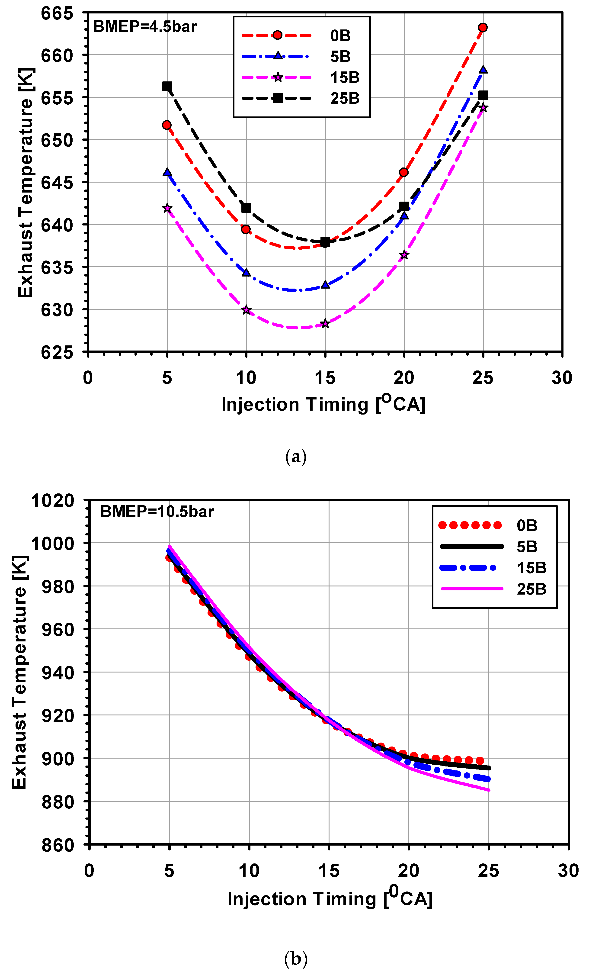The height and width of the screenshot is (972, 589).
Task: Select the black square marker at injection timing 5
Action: point(167,86)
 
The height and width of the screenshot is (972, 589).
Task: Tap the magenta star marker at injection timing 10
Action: point(246,310)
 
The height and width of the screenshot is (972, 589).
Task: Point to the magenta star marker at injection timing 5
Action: point(167,208)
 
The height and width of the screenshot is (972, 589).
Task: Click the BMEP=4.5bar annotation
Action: point(145,27)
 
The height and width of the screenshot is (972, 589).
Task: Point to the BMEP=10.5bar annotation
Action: point(157,512)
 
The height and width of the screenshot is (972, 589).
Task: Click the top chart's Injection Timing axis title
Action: point(323,404)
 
